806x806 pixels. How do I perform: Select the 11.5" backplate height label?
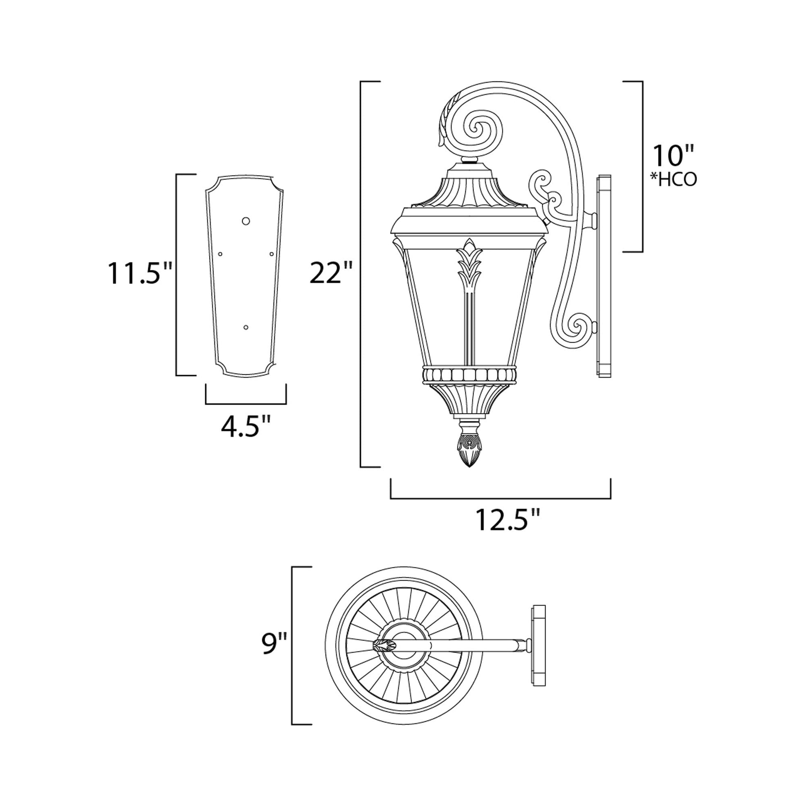140,274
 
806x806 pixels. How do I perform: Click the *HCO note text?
673,179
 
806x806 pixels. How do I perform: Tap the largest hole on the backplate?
246,221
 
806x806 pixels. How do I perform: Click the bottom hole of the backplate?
246,327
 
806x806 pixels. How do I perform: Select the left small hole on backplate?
220,253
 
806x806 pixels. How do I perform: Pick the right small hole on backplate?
271,253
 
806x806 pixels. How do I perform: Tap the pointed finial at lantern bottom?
469,451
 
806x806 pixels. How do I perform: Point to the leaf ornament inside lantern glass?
469,267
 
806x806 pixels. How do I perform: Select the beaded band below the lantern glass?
469,375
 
